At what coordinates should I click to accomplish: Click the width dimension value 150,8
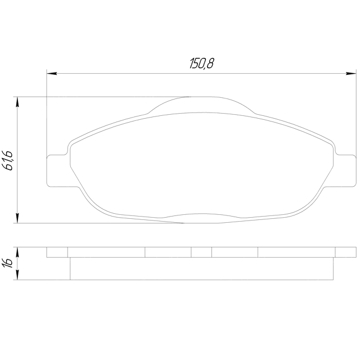[201, 64]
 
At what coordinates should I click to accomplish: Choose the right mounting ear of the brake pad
[346, 170]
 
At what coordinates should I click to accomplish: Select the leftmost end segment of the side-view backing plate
[57, 252]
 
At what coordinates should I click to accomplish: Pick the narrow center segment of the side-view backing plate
[201, 252]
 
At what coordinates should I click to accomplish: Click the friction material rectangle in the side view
[201, 269]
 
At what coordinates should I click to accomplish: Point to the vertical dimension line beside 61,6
[19, 186]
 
